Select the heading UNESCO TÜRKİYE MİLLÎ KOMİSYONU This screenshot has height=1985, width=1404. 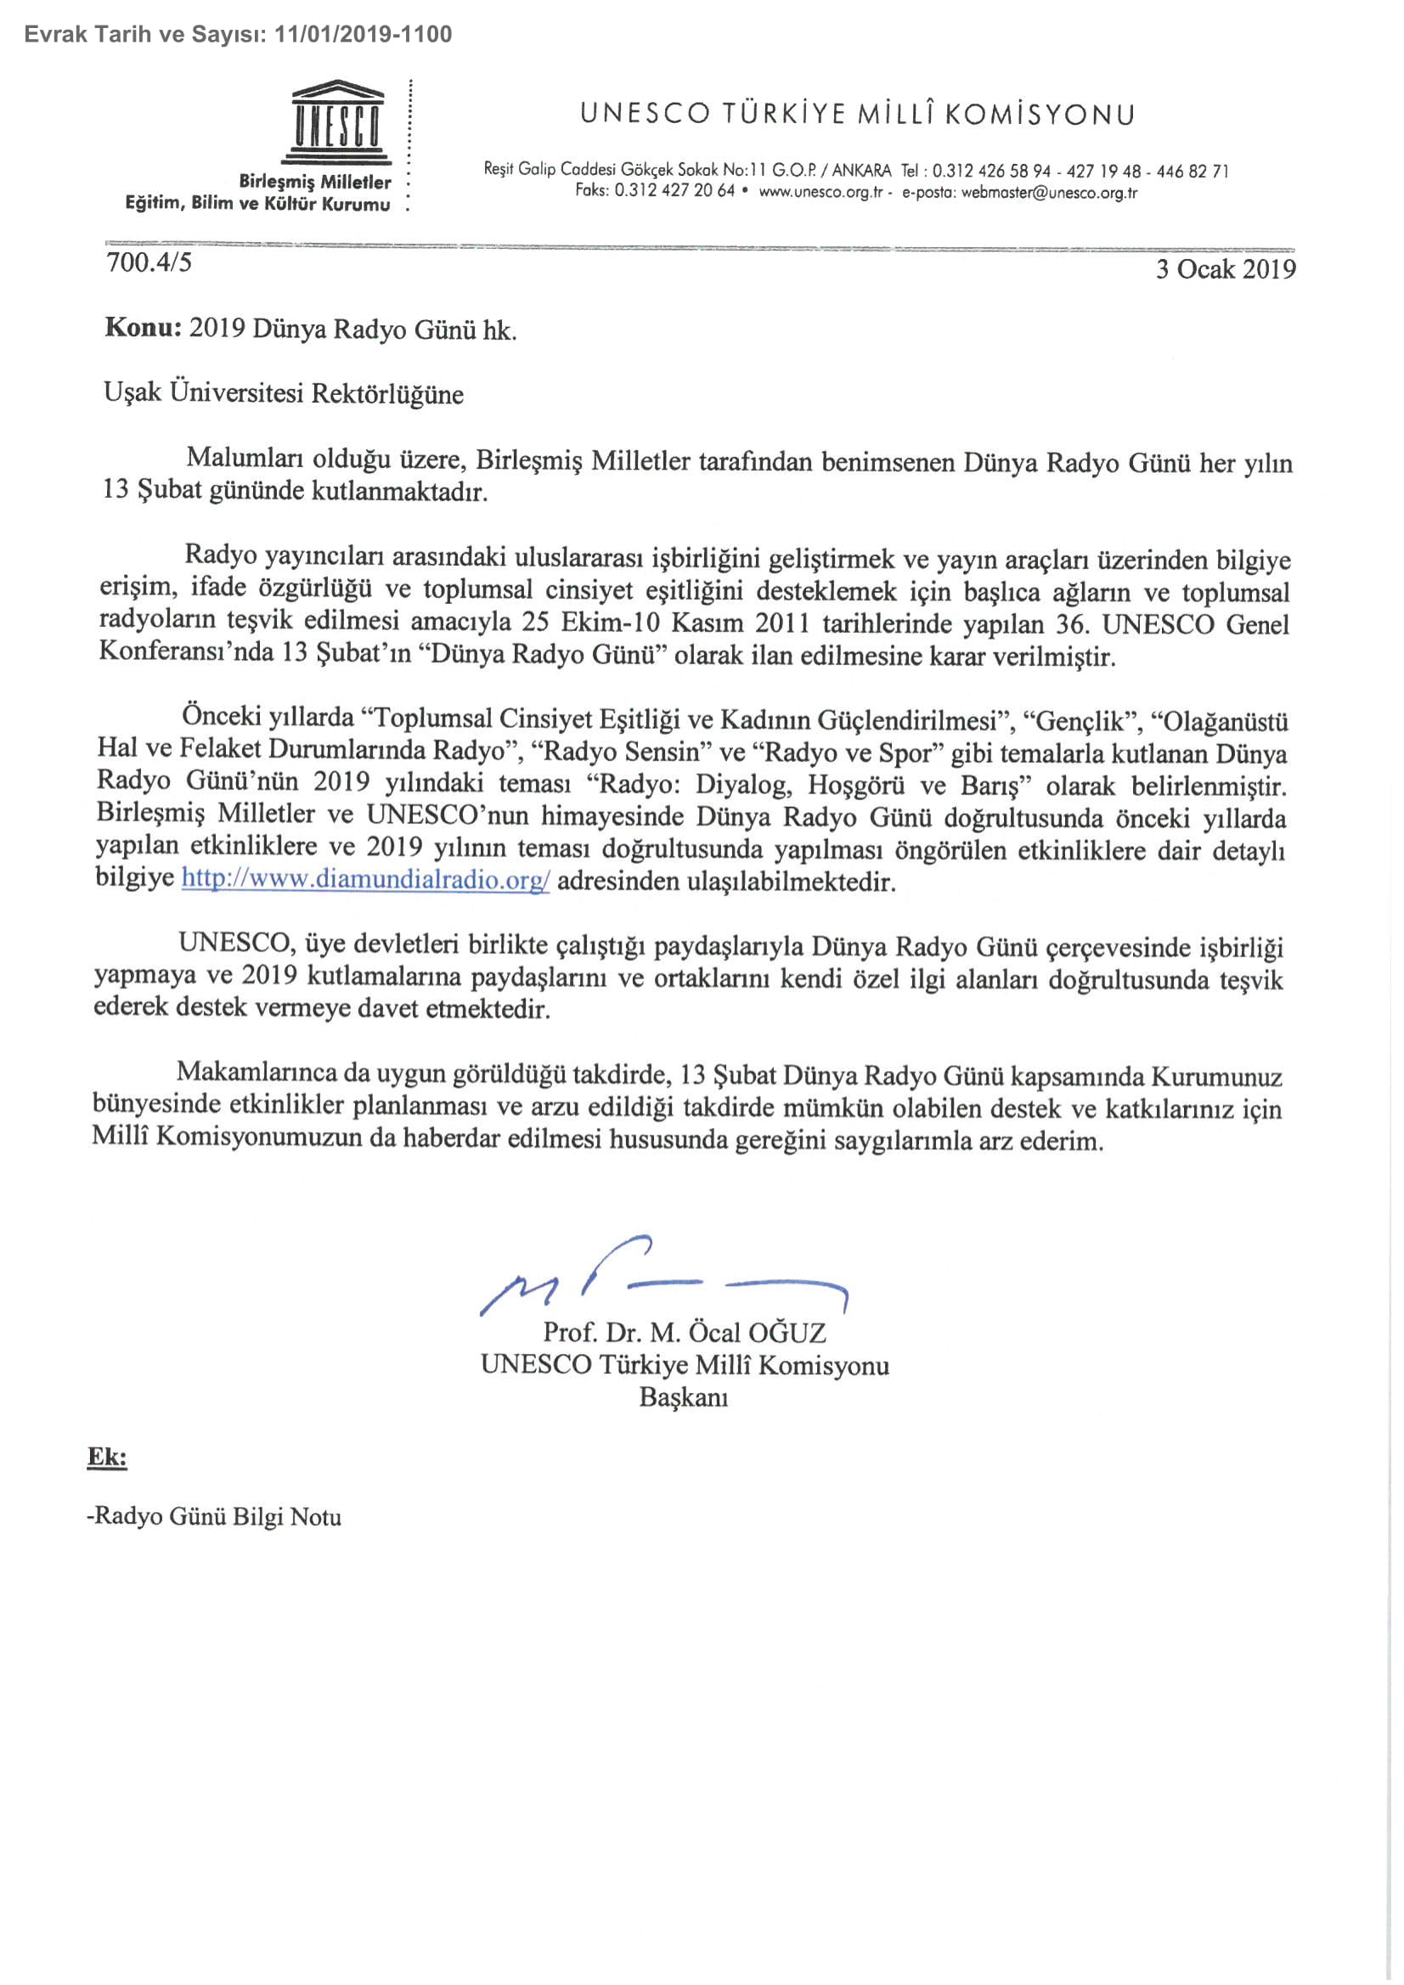(x=857, y=114)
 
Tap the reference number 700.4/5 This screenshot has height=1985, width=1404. (x=149, y=262)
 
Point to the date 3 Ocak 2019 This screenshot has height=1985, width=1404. (x=1226, y=269)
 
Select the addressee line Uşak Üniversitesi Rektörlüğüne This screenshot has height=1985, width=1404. (x=284, y=393)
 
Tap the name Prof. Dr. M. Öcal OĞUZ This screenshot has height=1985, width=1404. (x=684, y=1332)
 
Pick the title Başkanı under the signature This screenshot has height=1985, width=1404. (x=683, y=1398)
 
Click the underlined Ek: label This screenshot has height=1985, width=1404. (x=107, y=1458)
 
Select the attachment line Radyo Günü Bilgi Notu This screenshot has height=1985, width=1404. (x=216, y=1516)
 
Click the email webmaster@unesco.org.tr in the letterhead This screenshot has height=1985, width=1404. (x=1049, y=192)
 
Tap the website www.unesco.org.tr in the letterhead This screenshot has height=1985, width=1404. (x=820, y=192)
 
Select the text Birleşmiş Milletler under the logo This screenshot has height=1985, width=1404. (x=314, y=183)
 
